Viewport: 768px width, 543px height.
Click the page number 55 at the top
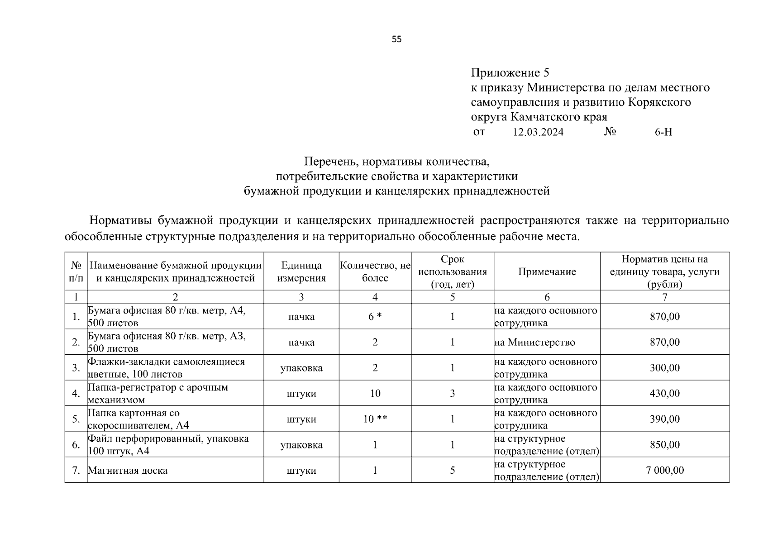tap(396, 39)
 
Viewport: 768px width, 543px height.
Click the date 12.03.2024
tap(538, 132)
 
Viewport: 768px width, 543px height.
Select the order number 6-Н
tap(663, 132)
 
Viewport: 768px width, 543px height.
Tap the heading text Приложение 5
tap(510, 72)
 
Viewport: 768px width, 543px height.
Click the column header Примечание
tap(547, 271)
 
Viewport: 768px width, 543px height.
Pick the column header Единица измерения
tap(301, 271)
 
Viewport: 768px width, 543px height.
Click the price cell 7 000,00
tap(664, 470)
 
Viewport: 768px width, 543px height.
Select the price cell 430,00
tap(664, 393)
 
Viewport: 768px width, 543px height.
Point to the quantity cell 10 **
tap(375, 419)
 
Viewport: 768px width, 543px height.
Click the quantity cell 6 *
tap(375, 316)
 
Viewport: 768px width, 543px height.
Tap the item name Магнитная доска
tap(128, 470)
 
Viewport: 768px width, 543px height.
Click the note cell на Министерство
tap(534, 342)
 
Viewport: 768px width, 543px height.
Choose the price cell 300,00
tap(664, 367)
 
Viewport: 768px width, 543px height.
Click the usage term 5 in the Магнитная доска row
tap(452, 470)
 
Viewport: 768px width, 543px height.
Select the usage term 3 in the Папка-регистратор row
tap(452, 393)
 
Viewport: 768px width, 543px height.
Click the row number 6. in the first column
tap(76, 445)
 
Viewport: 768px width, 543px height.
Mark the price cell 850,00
tap(664, 445)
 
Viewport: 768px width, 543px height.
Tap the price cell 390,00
tap(664, 419)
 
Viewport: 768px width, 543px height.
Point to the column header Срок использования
tap(452, 271)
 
